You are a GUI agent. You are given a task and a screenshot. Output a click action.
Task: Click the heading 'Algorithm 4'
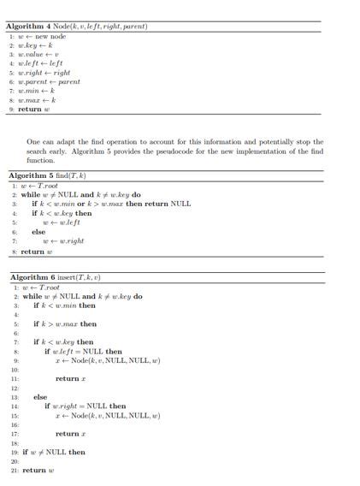pos(34,27)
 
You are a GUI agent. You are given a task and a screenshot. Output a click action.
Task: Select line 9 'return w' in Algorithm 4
pos(31,109)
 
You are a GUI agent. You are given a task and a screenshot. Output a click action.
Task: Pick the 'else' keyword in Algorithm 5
pos(38,232)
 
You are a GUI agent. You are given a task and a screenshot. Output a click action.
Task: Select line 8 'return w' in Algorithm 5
pos(37,252)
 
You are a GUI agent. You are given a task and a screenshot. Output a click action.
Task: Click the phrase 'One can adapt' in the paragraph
pos(50,142)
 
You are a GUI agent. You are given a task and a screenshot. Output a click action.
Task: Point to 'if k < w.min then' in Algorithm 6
pos(64,305)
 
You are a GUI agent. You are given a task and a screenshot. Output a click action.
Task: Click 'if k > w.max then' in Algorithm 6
pos(65,324)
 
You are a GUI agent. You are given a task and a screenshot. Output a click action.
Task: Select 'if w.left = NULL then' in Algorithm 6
pos(83,351)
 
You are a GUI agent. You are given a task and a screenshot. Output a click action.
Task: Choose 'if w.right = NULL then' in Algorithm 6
pos(85,406)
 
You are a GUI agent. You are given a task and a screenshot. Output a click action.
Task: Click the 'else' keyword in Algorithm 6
pos(40,397)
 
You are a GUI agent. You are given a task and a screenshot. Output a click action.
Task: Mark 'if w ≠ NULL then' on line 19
pos(54,452)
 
